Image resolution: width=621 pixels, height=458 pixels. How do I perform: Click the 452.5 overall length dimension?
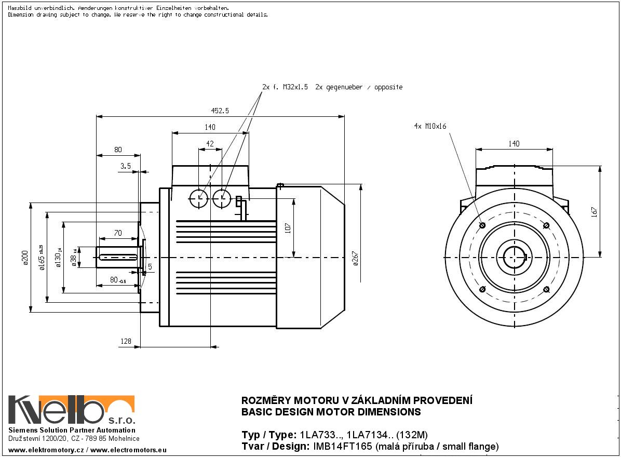221,111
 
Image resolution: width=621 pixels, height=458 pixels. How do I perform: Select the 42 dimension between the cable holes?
210,143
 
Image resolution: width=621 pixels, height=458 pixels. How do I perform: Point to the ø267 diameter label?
355,258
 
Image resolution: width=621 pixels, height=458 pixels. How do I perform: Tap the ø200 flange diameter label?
25,258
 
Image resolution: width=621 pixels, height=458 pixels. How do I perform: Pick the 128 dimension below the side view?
126,341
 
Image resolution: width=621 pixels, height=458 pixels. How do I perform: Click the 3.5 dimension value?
125,166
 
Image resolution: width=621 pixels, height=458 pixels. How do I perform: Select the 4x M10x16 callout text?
430,126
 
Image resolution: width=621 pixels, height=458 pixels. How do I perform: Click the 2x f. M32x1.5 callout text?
285,87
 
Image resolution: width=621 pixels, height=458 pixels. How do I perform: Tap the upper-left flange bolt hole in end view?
482,225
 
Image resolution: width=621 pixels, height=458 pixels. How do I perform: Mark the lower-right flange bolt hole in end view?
546,289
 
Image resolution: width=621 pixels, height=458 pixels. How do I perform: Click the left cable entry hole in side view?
199,197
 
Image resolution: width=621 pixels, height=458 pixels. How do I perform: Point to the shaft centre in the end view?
514,257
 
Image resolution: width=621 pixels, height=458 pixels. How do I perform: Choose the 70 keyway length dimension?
118,233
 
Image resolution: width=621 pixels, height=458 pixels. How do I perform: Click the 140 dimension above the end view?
514,144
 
